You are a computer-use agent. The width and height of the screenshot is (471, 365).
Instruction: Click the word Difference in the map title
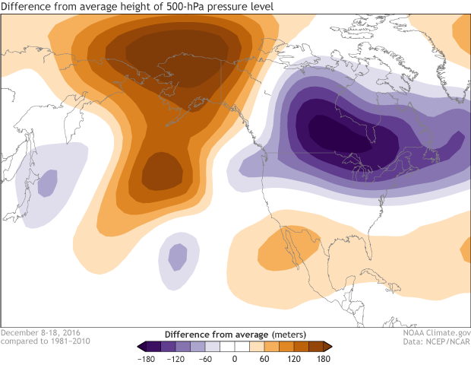coord(29,8)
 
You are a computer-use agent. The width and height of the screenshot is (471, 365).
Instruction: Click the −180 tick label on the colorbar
coord(147,357)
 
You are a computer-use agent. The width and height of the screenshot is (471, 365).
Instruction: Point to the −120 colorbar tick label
coord(176,357)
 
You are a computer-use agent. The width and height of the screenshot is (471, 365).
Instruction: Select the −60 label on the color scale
coord(206,357)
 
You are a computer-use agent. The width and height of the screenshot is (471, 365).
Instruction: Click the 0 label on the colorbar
coord(235,357)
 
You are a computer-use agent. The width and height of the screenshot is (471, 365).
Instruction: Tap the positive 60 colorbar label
coord(264,357)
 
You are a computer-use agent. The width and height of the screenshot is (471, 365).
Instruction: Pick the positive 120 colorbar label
coord(294,357)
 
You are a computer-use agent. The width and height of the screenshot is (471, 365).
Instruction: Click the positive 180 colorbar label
coord(323,357)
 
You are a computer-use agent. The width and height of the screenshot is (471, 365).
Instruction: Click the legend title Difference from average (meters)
coord(235,334)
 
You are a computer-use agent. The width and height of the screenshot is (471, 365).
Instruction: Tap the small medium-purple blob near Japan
coord(48,182)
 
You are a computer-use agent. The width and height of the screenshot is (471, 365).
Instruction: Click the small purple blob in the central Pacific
coord(178,256)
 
